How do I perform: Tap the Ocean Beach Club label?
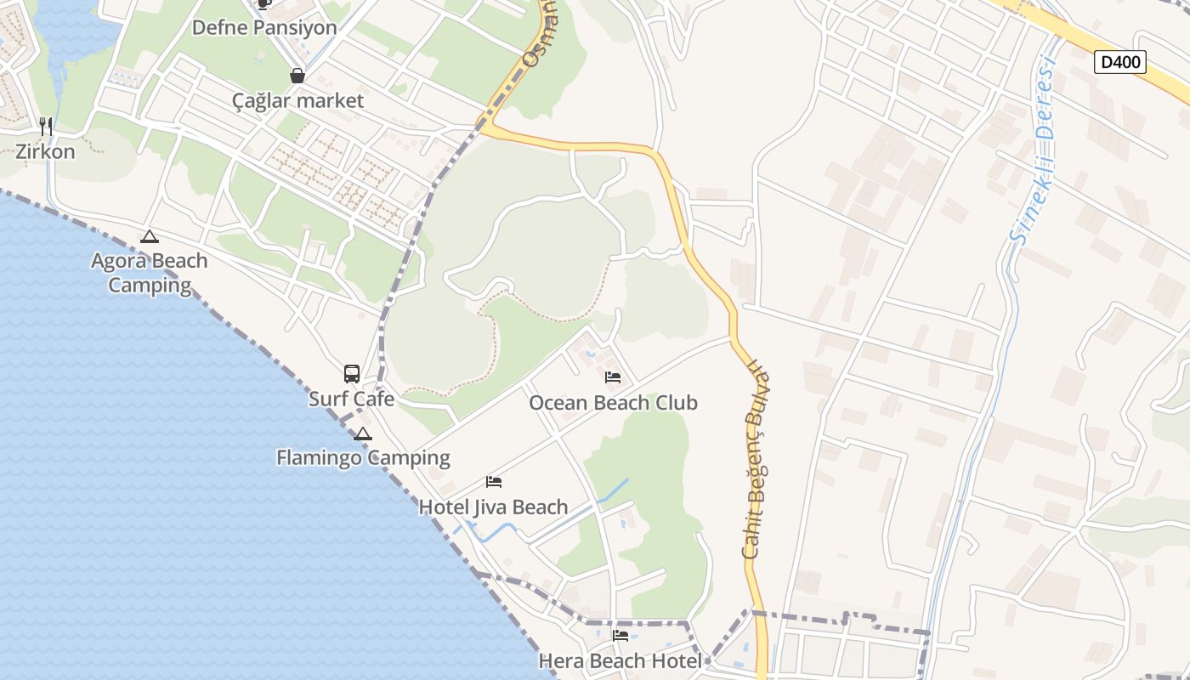[613, 402]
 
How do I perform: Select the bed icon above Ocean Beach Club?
[613, 377]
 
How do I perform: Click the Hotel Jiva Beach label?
[493, 507]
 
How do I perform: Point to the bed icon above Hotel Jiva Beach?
[494, 482]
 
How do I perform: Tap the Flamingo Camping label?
[363, 457]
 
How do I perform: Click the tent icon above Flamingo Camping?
[363, 434]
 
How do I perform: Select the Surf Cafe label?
[351, 399]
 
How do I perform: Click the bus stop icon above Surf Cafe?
[351, 373]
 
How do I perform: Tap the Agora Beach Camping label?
[150, 272]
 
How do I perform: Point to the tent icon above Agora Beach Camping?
[150, 236]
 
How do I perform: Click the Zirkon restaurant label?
[45, 152]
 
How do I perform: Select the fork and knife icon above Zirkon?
[46, 127]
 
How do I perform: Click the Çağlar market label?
[297, 100]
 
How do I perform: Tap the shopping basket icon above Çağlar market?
[297, 76]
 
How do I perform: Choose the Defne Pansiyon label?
[264, 27]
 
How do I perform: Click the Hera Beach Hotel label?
[620, 660]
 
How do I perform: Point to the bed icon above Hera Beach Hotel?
[620, 636]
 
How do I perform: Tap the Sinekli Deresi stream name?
[1034, 149]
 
